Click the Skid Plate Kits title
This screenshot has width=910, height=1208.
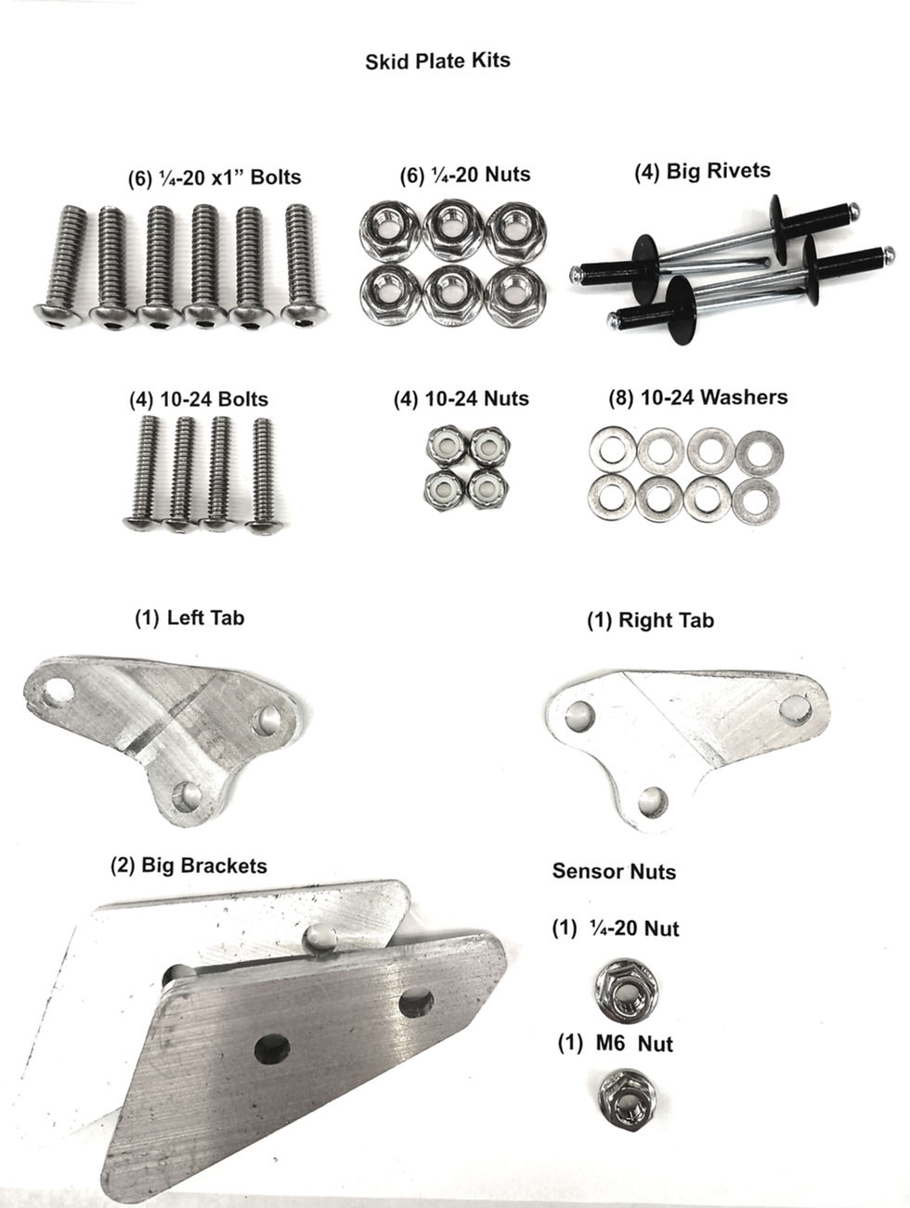tap(437, 60)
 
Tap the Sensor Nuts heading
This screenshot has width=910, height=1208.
tap(614, 871)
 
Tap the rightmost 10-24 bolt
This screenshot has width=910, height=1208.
tap(263, 475)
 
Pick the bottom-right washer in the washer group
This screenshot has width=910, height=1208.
tap(756, 500)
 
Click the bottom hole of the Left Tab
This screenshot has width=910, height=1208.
tap(187, 797)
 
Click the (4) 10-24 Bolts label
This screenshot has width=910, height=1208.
tap(199, 399)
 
